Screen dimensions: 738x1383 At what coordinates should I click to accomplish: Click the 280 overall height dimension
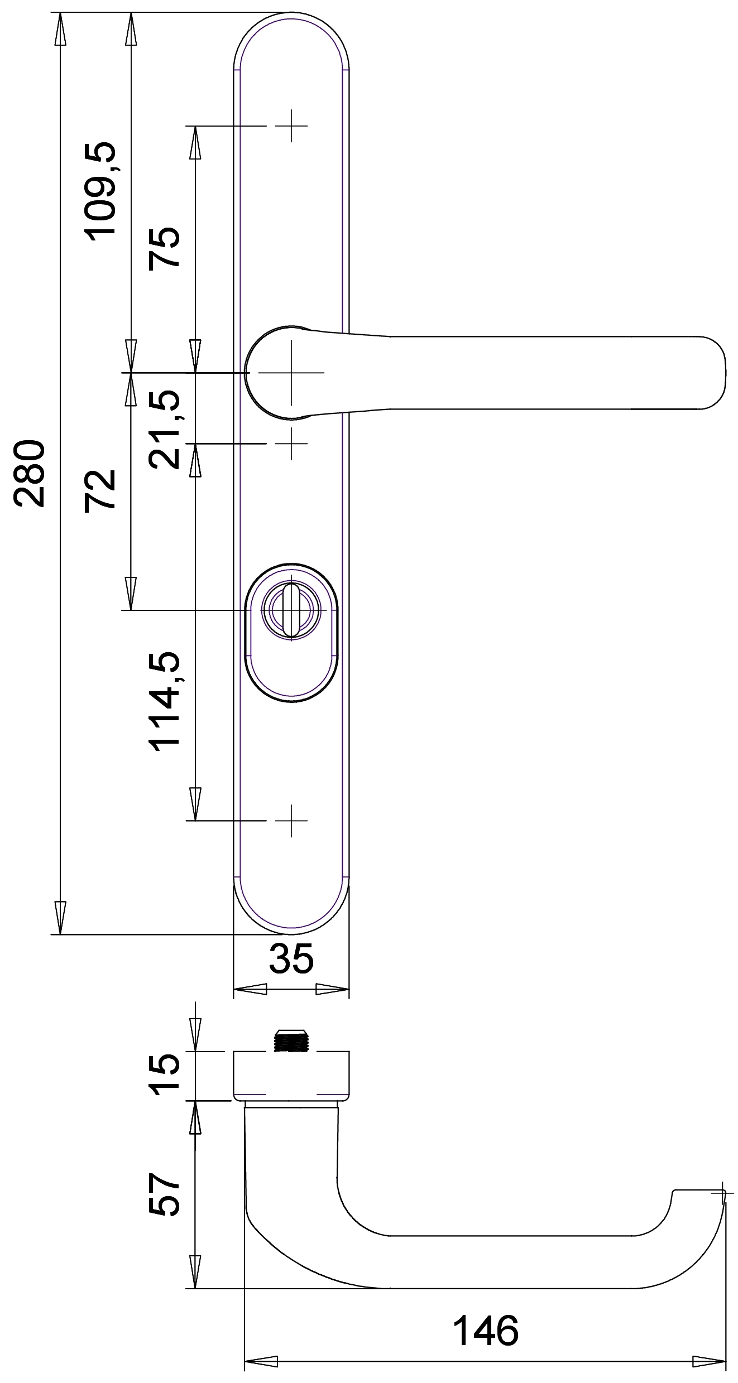point(30,473)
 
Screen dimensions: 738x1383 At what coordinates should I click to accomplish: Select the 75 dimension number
point(164,248)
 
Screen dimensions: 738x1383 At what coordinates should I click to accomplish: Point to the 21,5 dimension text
point(164,429)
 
